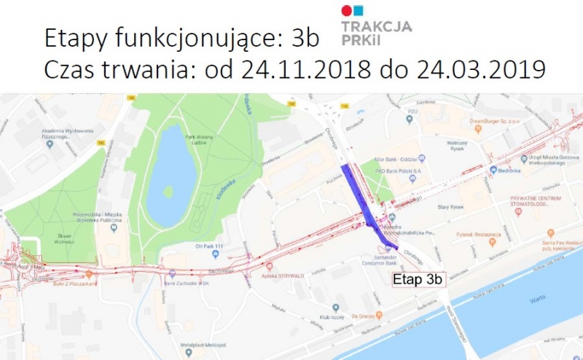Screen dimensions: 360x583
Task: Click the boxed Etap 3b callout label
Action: (418, 279)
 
